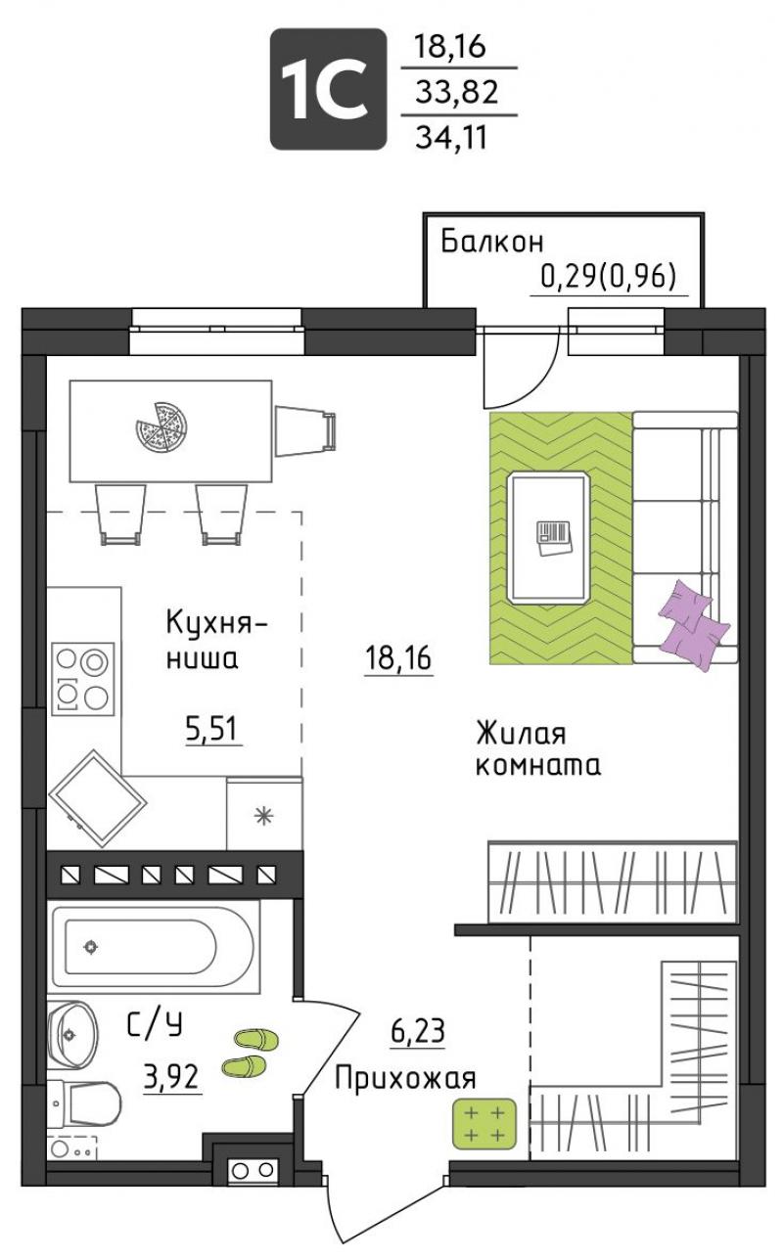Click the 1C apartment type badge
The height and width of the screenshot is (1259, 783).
pyautogui.click(x=328, y=89)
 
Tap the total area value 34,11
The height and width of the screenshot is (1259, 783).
pyautogui.click(x=450, y=137)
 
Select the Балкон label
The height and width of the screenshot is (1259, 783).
pyautogui.click(x=492, y=242)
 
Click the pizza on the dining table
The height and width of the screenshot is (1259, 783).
pyautogui.click(x=161, y=427)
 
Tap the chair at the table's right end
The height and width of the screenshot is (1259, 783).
pyautogui.click(x=305, y=431)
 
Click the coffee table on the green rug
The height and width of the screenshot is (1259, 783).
pyautogui.click(x=548, y=538)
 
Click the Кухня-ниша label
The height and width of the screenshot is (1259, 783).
pyautogui.click(x=216, y=640)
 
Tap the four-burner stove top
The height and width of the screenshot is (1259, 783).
pyautogui.click(x=82, y=679)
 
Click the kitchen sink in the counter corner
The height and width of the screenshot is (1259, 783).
pyautogui.click(x=97, y=798)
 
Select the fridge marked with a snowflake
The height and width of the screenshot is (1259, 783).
pyautogui.click(x=264, y=814)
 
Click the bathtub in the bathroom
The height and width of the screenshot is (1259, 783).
pyautogui.click(x=156, y=947)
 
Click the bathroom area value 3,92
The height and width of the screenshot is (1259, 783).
pyautogui.click(x=172, y=1077)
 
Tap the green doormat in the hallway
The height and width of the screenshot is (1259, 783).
pyautogui.click(x=485, y=1124)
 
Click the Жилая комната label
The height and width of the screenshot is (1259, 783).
pyautogui.click(x=537, y=750)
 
